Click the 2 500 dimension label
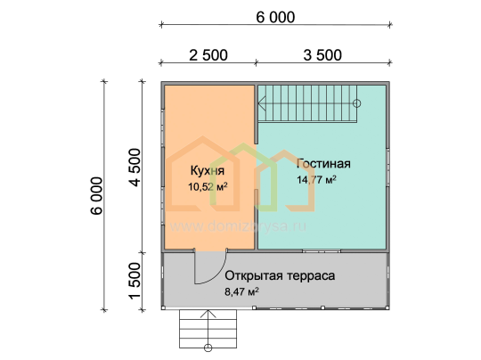[x=208, y=55]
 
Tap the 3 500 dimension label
[x=322, y=55]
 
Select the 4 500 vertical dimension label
[x=135, y=168]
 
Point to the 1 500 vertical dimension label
[x=135, y=281]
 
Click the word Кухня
[x=208, y=170]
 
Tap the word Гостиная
[x=323, y=164]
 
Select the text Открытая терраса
[x=280, y=275]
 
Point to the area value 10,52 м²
[x=208, y=186]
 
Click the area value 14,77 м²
[x=316, y=179]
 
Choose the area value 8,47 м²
[x=241, y=291]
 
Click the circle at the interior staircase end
[x=356, y=103]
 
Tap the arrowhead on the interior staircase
[x=262, y=103]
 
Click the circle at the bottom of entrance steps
[x=208, y=348]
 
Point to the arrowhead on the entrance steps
[x=208, y=314]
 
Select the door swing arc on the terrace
[x=218, y=274]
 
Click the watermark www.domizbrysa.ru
[x=238, y=226]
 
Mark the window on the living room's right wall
[x=387, y=168]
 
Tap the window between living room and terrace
[x=322, y=251]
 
